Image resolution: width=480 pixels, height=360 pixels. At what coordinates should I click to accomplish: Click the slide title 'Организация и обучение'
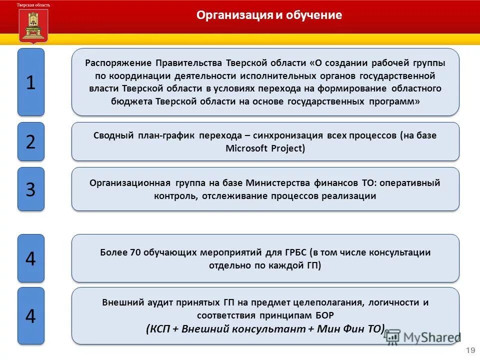coord(269,15)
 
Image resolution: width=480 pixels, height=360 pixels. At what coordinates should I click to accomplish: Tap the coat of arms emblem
coord(34,26)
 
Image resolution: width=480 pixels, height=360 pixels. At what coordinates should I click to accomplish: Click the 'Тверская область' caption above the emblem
coord(33,4)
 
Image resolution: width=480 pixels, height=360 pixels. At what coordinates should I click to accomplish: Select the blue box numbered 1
coord(31,82)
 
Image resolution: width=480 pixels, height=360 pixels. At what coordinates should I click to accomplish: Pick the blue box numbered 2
coord(31,141)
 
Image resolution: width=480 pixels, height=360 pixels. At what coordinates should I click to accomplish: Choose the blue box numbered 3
coord(31,189)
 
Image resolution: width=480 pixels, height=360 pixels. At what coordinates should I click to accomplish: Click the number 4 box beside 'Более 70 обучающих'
coord(31,258)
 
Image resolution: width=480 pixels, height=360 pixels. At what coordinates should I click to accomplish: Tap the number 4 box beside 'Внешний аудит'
coord(31,315)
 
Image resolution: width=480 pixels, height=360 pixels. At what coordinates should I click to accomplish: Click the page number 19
coord(470,350)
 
